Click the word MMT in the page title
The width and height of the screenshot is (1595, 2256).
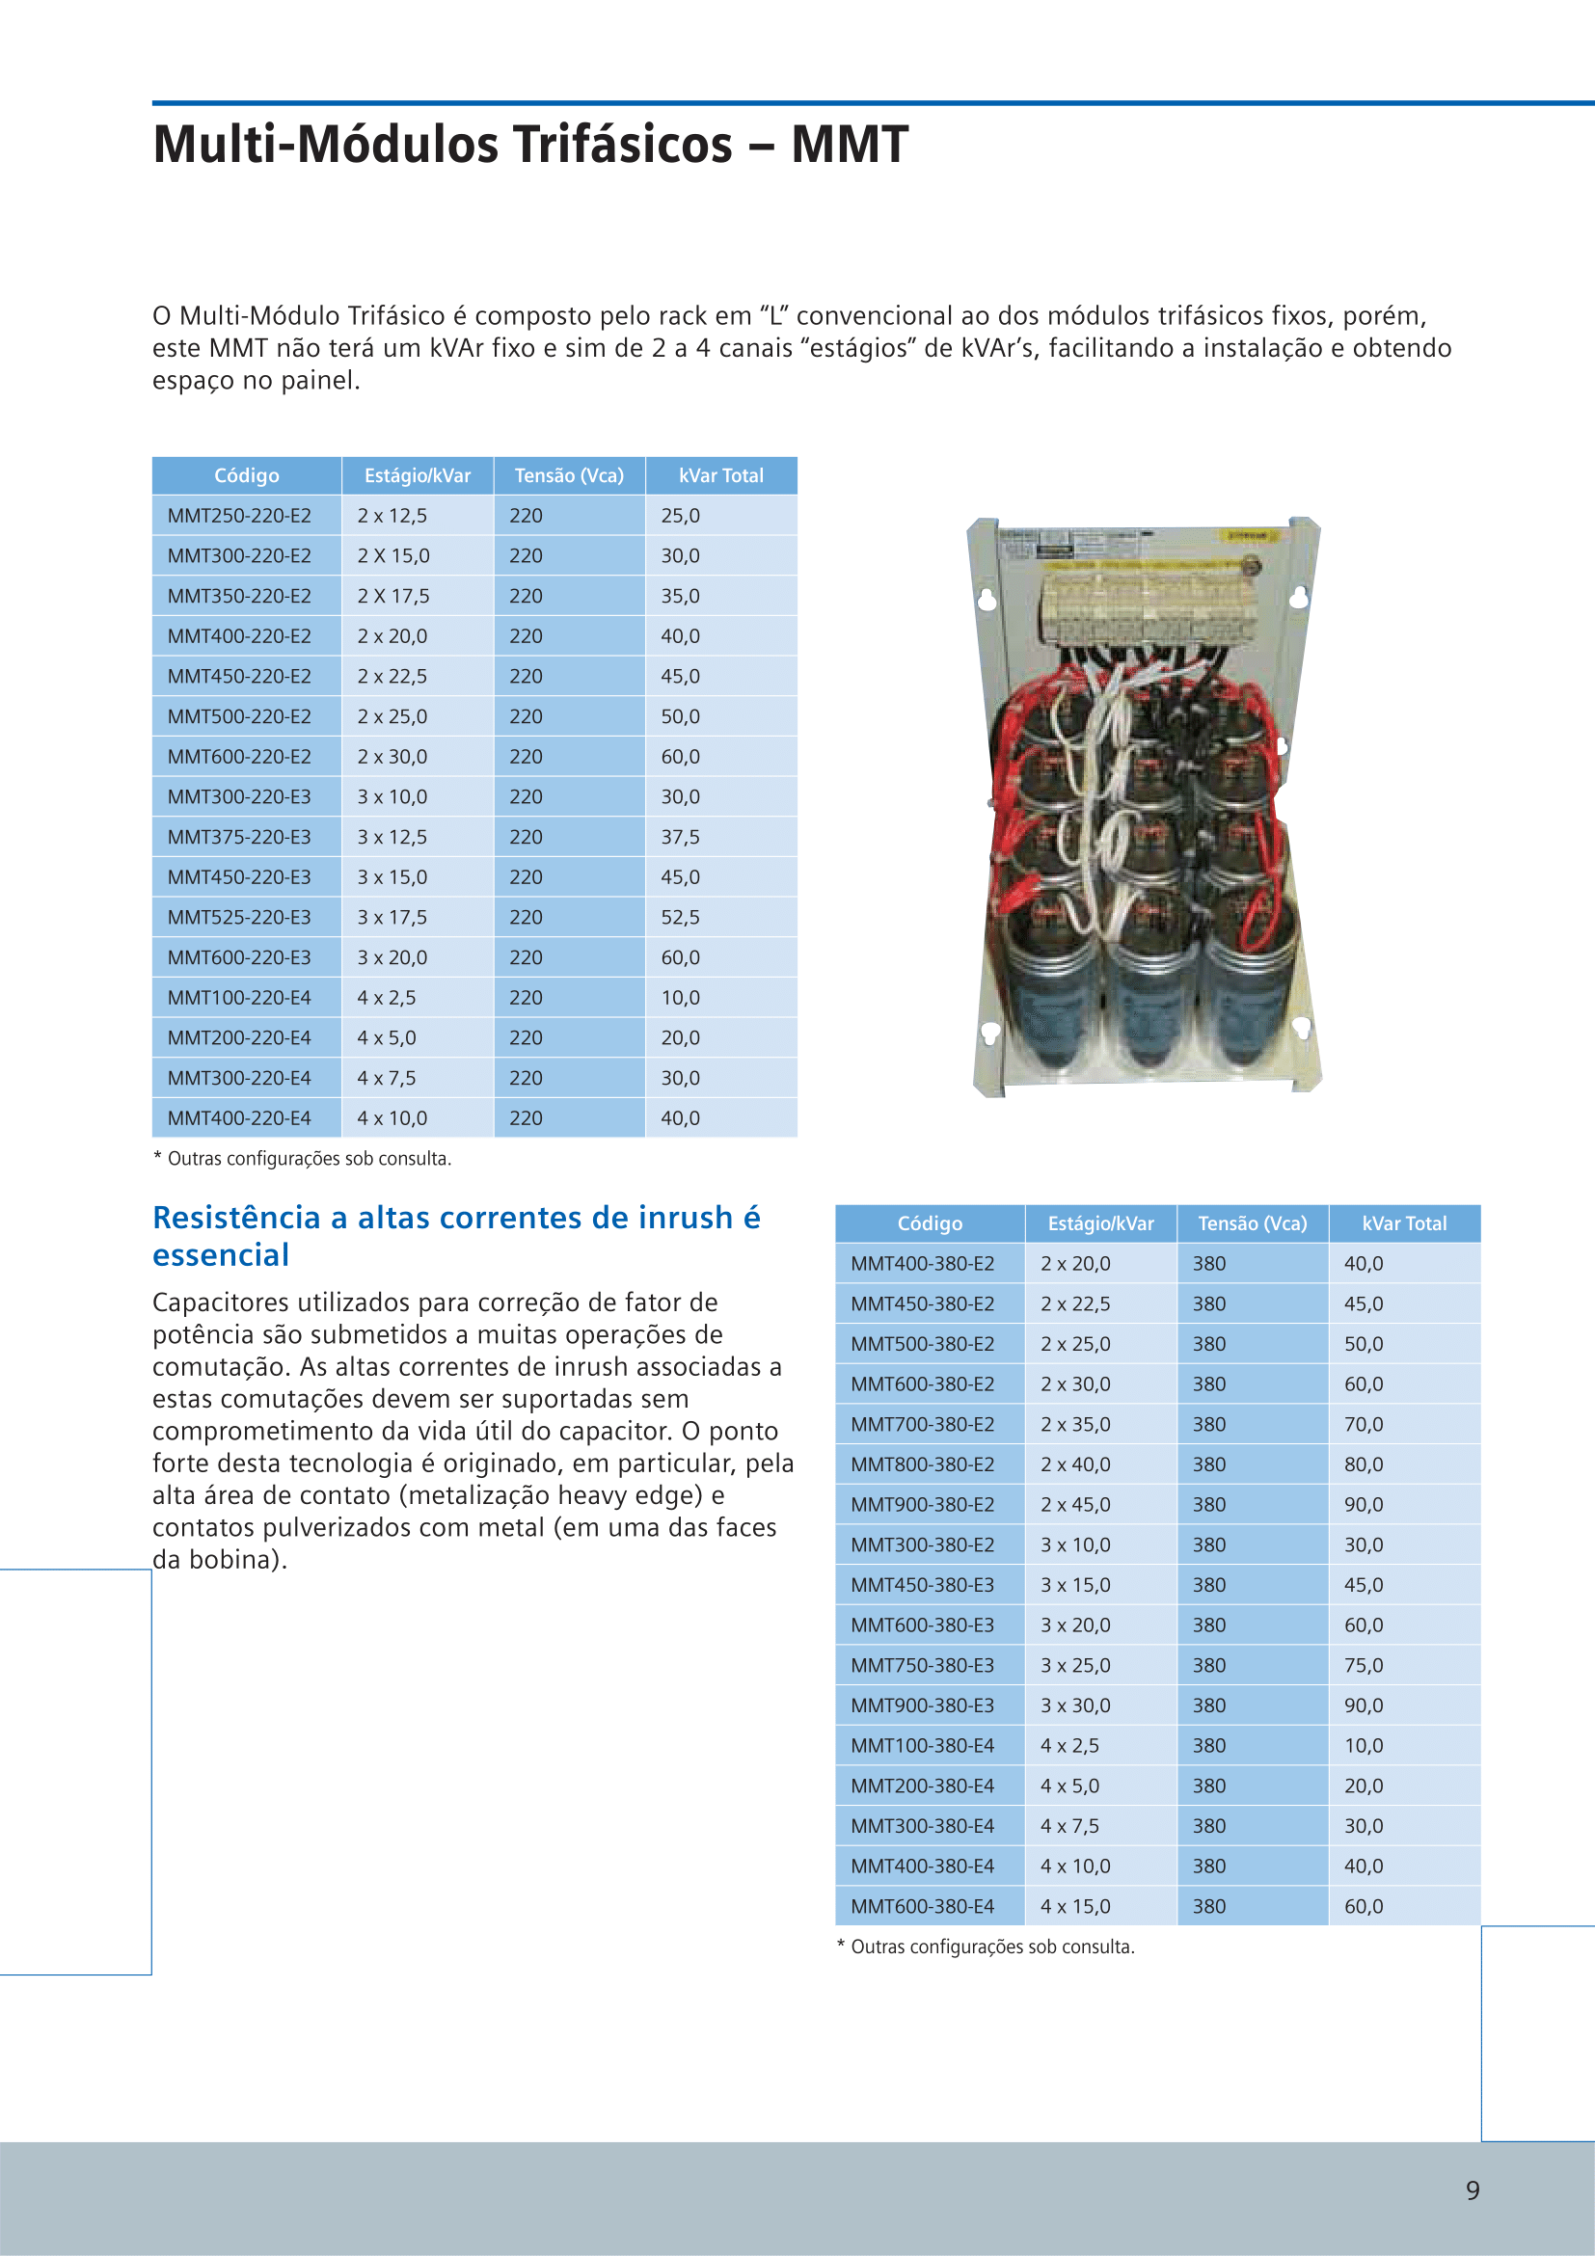[x=850, y=145]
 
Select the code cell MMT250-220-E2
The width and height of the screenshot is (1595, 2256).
[x=239, y=516]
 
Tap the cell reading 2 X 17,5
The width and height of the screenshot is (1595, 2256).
[x=393, y=597]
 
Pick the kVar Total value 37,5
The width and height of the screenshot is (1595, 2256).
[x=680, y=837]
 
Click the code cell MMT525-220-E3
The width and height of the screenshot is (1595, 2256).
[x=239, y=918]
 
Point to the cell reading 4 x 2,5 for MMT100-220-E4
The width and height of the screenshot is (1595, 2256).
[x=387, y=998]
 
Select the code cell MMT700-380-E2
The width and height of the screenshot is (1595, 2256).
[x=922, y=1425]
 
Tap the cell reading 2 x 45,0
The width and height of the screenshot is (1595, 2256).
[x=1075, y=1505]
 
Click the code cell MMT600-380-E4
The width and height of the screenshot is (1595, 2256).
[x=922, y=1907]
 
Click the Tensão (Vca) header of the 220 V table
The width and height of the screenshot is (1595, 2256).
[x=569, y=475]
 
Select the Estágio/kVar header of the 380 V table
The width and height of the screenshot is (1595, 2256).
[x=1100, y=1223]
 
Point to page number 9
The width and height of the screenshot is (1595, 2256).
[x=1473, y=2190]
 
